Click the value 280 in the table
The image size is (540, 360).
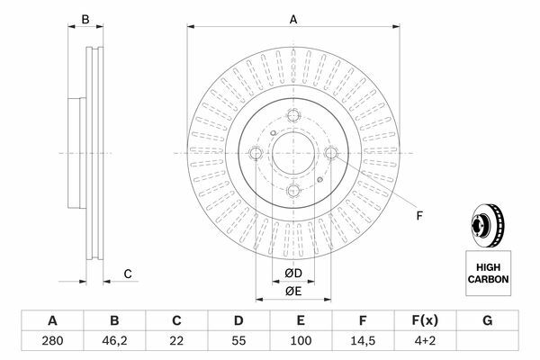52,341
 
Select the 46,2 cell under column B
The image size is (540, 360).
114,341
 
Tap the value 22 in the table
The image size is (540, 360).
176,341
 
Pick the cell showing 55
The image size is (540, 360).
238,341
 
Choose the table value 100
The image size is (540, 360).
301,341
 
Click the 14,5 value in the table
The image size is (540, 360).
363,341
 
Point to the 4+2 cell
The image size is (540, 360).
425,341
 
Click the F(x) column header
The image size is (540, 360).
425,320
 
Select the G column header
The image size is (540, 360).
487,320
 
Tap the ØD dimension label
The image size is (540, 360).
293,274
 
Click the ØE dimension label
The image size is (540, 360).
293,292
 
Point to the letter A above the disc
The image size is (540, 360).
293,20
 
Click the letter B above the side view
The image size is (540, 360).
85,20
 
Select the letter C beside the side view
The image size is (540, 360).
128,274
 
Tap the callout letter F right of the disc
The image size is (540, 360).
419,216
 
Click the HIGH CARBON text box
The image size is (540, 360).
489,274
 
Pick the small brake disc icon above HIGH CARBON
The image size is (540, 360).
487,225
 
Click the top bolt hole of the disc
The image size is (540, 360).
293,115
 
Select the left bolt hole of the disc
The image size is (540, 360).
256,153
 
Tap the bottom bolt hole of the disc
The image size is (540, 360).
293,191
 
